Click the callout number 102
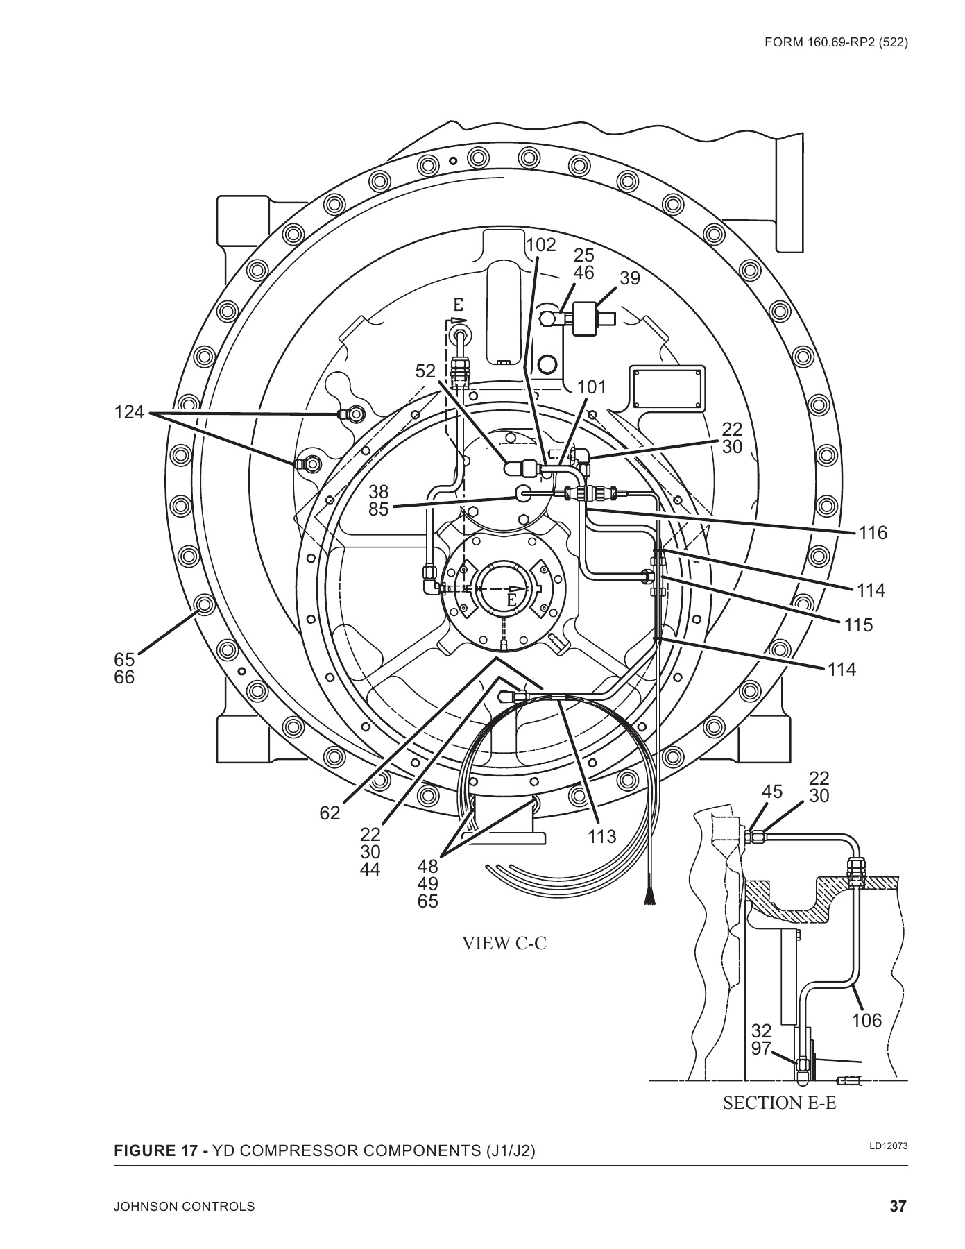pyautogui.click(x=541, y=245)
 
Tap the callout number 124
pyautogui.click(x=129, y=413)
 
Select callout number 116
pyautogui.click(x=872, y=533)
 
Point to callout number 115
pyautogui.click(x=858, y=625)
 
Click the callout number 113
pyautogui.click(x=601, y=837)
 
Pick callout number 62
pyautogui.click(x=330, y=813)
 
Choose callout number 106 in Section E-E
pyautogui.click(x=866, y=1021)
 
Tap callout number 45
pyautogui.click(x=772, y=792)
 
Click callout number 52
pyautogui.click(x=426, y=371)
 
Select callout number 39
pyautogui.click(x=630, y=278)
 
